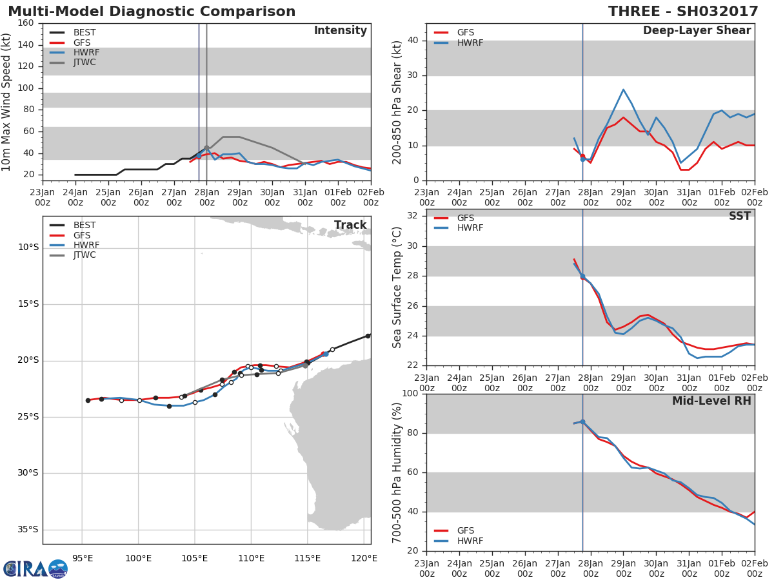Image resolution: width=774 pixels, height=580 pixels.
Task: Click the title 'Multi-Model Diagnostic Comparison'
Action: tap(152, 12)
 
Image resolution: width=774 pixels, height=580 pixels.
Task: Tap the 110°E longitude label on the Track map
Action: tap(252, 557)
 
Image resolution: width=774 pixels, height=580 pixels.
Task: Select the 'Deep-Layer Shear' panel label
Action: tap(697, 31)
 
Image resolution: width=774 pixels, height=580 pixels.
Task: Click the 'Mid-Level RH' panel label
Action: tap(711, 401)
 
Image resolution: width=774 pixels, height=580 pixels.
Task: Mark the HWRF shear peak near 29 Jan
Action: tap(623, 90)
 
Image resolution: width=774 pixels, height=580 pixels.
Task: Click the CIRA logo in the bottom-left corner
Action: tap(35, 568)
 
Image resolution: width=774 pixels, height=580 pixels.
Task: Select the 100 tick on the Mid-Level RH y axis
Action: tap(410, 394)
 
